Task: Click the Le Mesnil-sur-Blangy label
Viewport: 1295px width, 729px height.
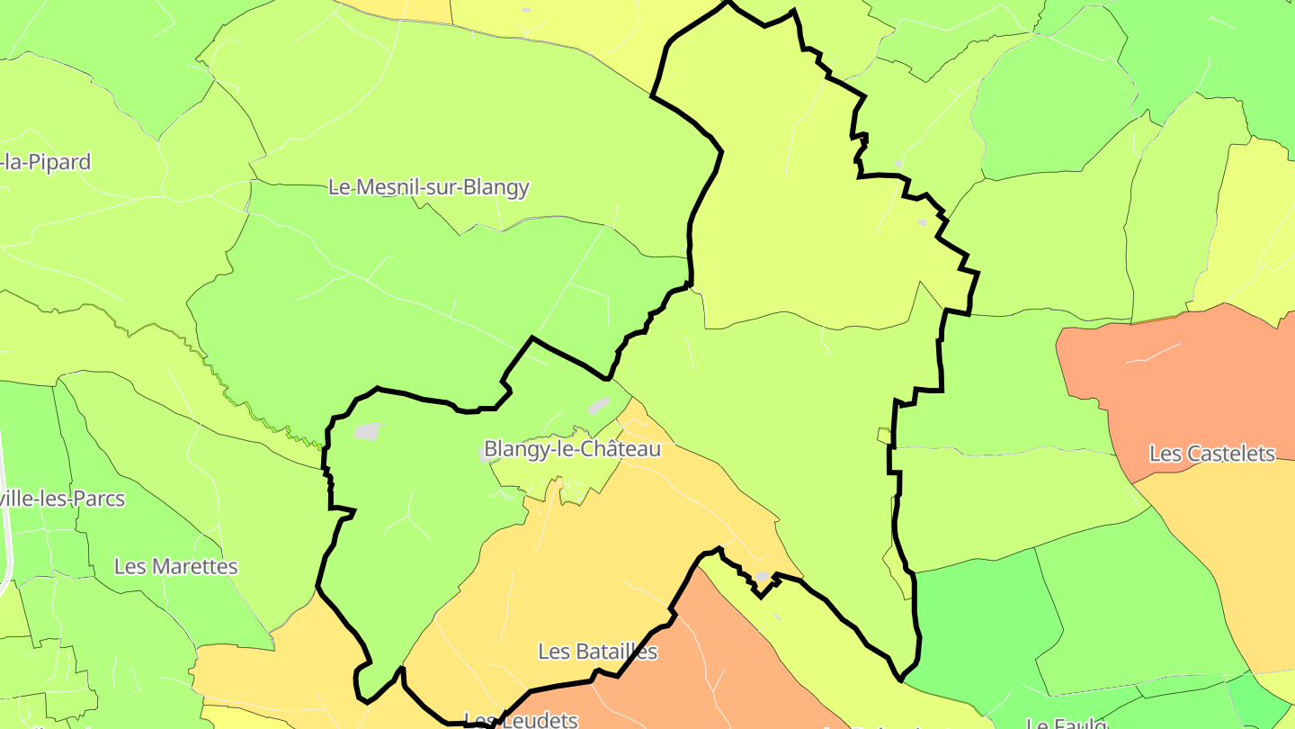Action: click(x=428, y=187)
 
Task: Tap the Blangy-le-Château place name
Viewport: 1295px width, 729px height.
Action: click(x=572, y=448)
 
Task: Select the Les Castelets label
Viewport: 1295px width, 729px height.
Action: click(x=1212, y=454)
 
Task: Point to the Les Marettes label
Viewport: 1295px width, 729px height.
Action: click(x=176, y=566)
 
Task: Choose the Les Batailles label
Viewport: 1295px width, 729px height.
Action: click(x=597, y=651)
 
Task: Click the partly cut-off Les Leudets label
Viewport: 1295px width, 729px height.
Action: click(x=520, y=719)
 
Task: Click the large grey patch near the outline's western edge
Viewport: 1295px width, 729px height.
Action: click(x=367, y=431)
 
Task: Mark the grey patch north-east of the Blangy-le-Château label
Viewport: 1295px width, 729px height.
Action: click(x=599, y=405)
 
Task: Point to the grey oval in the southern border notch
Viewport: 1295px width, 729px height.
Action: click(x=763, y=576)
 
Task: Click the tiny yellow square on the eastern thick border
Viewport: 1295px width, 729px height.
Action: click(x=884, y=436)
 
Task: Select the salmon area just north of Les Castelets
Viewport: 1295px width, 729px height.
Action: click(x=1169, y=360)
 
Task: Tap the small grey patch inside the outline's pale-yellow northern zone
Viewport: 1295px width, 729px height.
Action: click(x=922, y=221)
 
